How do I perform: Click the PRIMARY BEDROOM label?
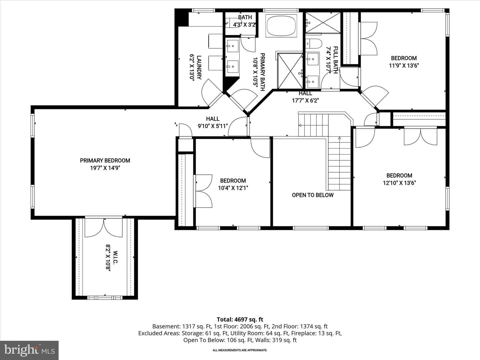105,160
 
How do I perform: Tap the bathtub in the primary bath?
281,26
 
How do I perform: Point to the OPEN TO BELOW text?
313,195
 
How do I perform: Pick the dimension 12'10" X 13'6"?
399,183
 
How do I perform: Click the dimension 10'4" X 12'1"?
233,188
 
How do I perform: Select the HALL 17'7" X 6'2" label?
305,97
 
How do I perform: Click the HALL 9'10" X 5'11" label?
213,122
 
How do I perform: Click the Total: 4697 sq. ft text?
240,319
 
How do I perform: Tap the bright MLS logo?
29,350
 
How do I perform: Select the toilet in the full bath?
314,44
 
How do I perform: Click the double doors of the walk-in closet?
104,228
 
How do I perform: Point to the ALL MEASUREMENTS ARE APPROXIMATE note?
240,350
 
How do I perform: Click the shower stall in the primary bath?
290,71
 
